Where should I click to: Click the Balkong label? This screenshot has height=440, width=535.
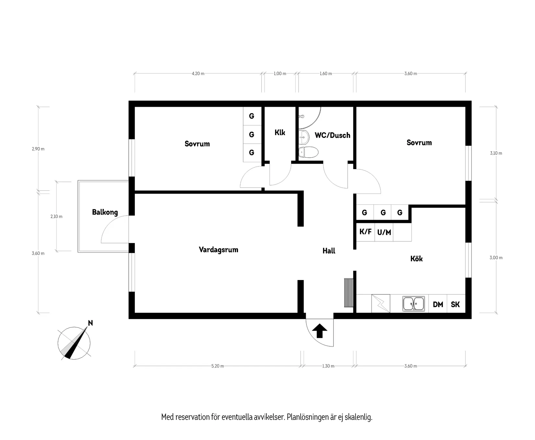[x=105, y=212]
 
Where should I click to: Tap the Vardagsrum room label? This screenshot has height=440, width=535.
[x=218, y=250]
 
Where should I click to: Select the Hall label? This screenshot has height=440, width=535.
[x=328, y=251]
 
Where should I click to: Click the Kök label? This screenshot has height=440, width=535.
[x=416, y=259]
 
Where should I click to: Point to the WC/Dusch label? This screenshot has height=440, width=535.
[x=332, y=135]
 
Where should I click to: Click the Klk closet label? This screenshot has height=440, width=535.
[x=279, y=132]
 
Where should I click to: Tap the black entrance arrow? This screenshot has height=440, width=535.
[x=320, y=331]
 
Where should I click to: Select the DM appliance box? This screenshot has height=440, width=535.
[x=438, y=304]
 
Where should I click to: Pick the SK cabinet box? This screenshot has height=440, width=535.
[x=455, y=304]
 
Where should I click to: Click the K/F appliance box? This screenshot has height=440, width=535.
[x=365, y=232]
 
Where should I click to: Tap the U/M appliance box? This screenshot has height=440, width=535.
[x=384, y=232]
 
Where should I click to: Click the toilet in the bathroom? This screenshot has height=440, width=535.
[x=308, y=152]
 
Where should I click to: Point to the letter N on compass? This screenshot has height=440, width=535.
[x=90, y=323]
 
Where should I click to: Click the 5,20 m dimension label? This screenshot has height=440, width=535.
[x=217, y=366]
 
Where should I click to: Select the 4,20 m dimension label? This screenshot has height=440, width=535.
[x=198, y=74]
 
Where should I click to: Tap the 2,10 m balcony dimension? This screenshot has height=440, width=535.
[x=56, y=216]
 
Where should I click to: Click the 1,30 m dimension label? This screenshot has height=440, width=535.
[x=328, y=366]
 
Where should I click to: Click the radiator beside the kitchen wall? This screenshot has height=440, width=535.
[x=349, y=292]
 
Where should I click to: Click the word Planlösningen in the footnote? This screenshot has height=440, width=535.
[x=307, y=417]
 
